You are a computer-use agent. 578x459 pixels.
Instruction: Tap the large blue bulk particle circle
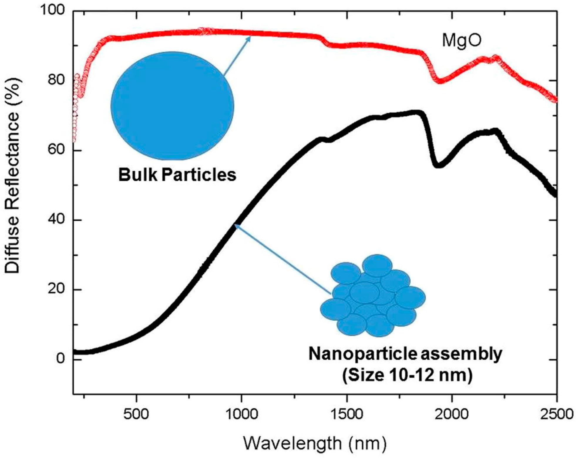172,106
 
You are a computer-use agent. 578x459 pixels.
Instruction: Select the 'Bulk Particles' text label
177,175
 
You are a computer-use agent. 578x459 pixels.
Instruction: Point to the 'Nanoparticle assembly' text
405,354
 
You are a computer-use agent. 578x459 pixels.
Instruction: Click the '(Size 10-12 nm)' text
408,375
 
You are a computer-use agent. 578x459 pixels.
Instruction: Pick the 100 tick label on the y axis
52,11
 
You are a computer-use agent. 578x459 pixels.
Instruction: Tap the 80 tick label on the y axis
56,80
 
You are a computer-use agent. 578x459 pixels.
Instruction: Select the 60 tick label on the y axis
56,150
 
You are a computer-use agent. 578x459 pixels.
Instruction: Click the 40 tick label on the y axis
56,220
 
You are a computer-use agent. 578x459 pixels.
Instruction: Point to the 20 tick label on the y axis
56,289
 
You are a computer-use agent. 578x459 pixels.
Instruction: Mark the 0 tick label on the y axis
61,359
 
